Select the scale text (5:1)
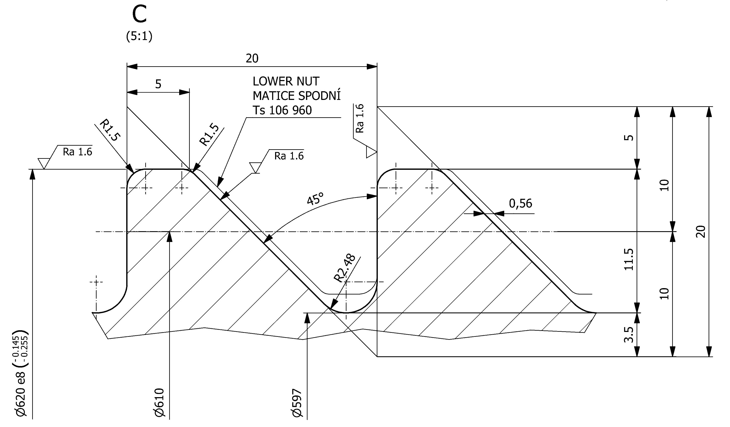[x=139, y=36]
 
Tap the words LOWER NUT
[x=286, y=82]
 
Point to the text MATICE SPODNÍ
[x=297, y=96]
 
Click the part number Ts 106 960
[x=282, y=110]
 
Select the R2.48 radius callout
[x=345, y=268]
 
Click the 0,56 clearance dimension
[x=521, y=203]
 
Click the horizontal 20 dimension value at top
[x=252, y=58]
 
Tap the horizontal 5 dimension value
[x=158, y=84]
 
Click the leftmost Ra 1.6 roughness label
[x=77, y=152]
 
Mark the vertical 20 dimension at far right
[x=701, y=232]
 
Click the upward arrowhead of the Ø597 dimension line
[x=307, y=318]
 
